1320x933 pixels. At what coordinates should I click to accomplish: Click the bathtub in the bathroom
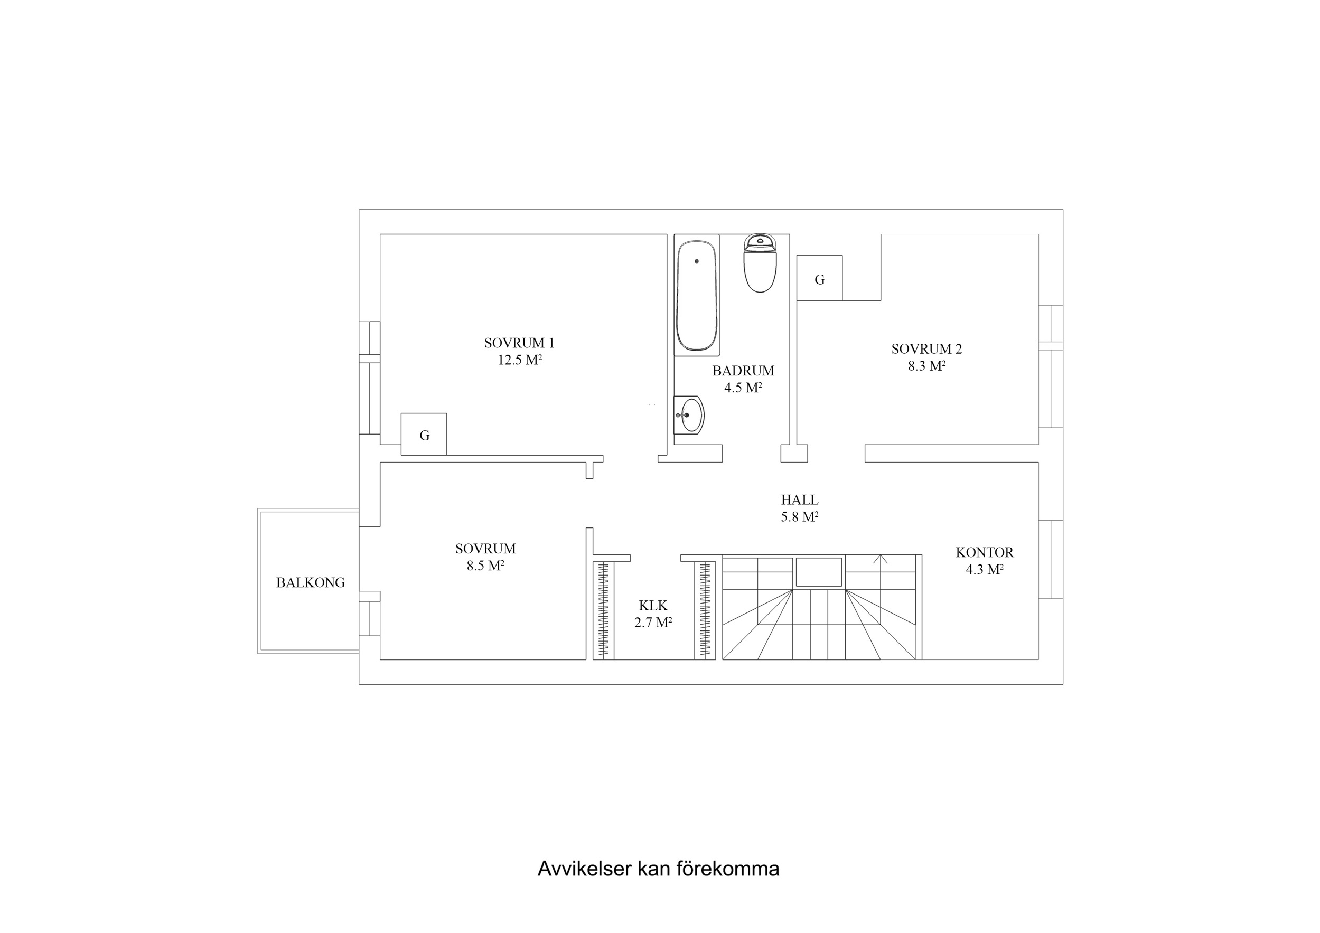[x=697, y=296]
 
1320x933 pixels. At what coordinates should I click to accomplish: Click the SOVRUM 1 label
[x=519, y=343]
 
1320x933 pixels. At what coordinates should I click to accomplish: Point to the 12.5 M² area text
[x=520, y=361]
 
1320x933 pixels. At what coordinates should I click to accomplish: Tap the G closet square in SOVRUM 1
[x=424, y=435]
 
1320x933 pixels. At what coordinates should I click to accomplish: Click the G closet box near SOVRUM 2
[x=819, y=279]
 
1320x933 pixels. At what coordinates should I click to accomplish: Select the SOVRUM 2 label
[x=926, y=349]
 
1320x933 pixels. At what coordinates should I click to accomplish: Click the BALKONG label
[x=311, y=583]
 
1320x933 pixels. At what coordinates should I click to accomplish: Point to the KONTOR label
[x=984, y=552]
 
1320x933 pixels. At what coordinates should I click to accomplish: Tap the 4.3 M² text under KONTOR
[x=984, y=570]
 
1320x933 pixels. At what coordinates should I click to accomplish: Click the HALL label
[x=799, y=500]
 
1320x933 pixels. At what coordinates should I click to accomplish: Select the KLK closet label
[x=653, y=605]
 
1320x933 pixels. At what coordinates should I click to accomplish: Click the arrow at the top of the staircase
[x=879, y=559]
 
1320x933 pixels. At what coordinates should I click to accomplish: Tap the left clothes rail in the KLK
[x=603, y=609]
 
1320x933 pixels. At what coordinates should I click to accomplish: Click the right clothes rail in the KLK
[x=705, y=609]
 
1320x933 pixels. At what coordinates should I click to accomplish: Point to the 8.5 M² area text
[x=485, y=566]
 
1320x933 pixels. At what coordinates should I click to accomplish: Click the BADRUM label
[x=743, y=371]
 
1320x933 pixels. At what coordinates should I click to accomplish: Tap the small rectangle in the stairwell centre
[x=819, y=572]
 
